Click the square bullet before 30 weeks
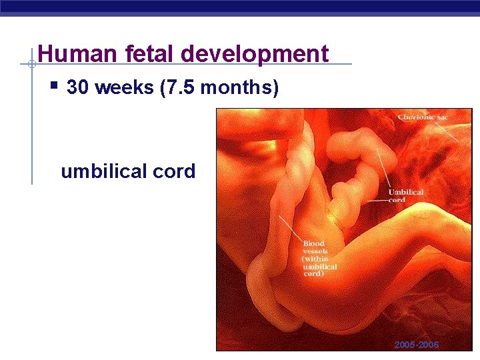click(55, 86)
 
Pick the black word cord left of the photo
click(173, 171)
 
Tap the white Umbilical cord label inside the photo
click(406, 196)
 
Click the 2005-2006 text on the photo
click(416, 345)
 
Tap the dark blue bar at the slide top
click(240, 6)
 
